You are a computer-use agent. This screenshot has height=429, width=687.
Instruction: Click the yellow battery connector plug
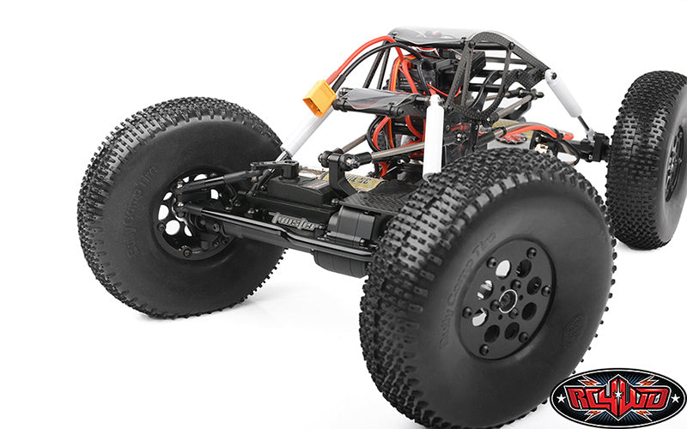(317, 97)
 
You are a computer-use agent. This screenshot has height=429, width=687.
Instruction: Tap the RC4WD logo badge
(617, 397)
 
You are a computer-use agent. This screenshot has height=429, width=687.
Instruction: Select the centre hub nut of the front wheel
(507, 301)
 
